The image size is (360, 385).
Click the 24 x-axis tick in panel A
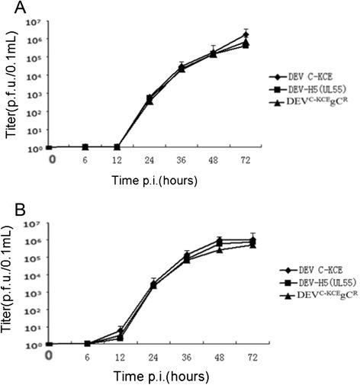click(x=149, y=159)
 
